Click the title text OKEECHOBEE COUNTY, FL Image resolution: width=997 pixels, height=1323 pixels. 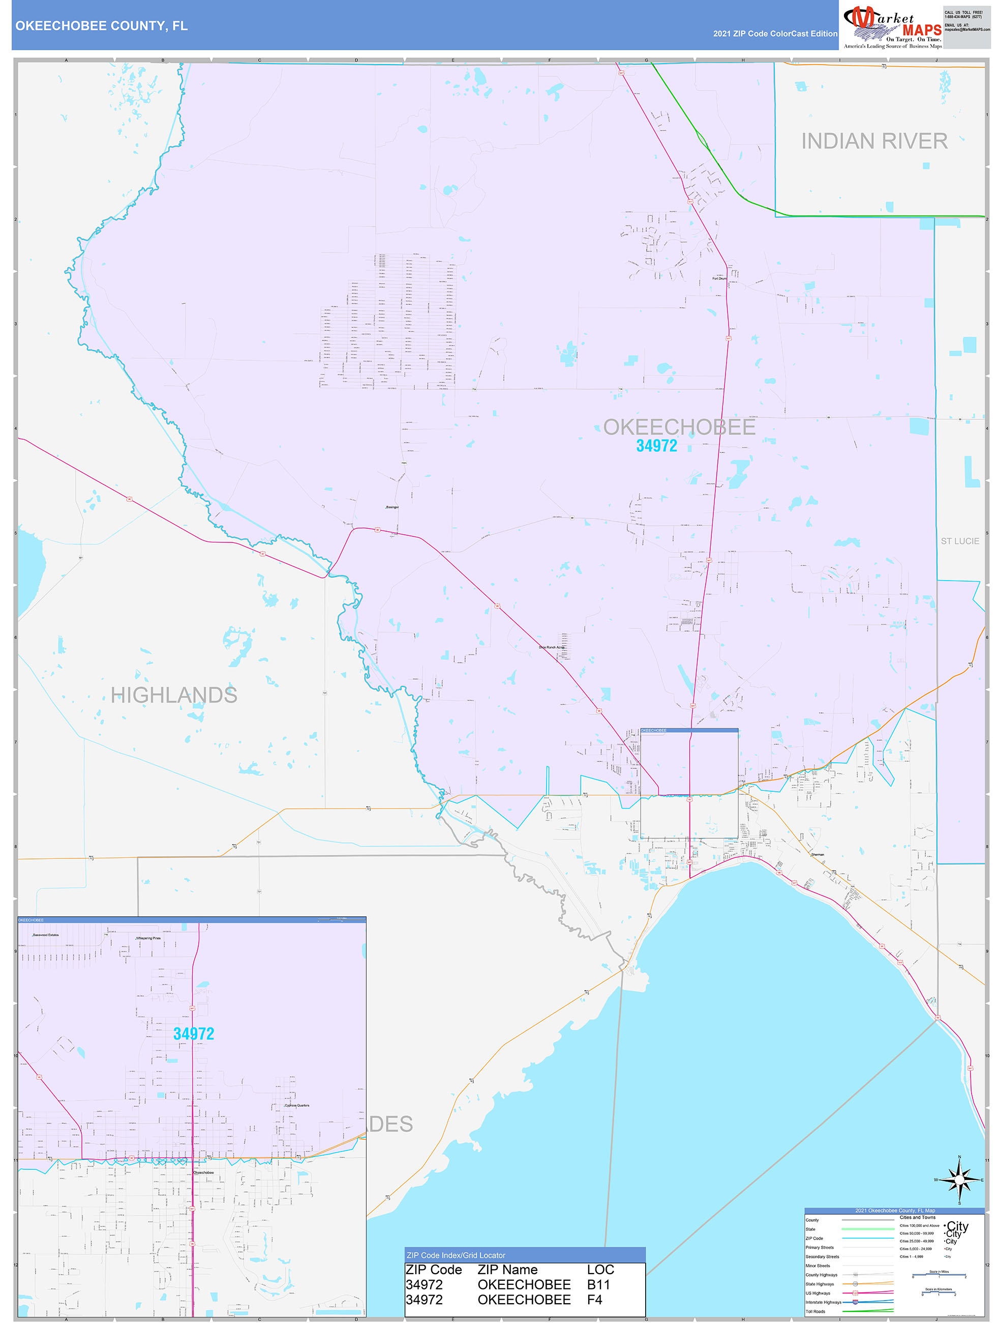click(x=101, y=26)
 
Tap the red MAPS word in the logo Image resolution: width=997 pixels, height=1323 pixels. click(x=922, y=30)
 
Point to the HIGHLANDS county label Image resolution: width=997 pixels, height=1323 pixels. click(x=174, y=695)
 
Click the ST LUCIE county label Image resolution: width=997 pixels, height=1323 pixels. click(x=959, y=541)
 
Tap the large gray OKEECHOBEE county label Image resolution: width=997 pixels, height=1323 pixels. click(x=679, y=427)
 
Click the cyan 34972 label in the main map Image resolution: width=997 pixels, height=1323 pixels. click(x=656, y=446)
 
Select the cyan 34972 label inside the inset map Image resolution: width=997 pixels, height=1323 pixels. click(x=193, y=1033)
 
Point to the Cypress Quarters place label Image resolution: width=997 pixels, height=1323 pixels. click(x=296, y=1105)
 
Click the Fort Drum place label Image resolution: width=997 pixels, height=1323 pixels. click(x=719, y=279)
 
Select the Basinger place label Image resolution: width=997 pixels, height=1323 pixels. click(x=392, y=507)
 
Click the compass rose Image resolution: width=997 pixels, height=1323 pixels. click(x=959, y=1180)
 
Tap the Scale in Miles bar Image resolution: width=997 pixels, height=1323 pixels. click(x=939, y=1276)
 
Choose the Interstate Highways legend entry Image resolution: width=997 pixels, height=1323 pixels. click(x=823, y=1302)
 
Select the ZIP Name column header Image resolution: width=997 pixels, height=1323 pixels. click(x=507, y=1269)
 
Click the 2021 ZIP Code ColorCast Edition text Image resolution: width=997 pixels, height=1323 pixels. click(x=775, y=34)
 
